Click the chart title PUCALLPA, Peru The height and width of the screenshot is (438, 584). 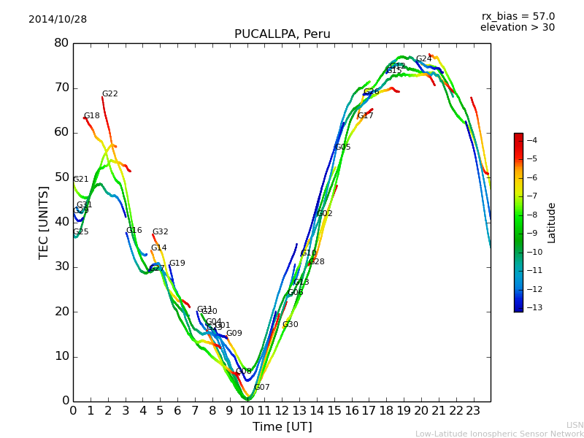tap(282, 34)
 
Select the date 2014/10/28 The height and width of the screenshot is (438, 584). tap(58, 20)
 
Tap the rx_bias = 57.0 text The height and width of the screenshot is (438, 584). tap(518, 16)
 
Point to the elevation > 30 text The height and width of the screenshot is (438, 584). tap(517, 28)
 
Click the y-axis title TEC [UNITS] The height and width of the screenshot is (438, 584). tap(44, 222)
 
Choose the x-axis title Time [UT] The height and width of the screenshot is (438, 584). tap(282, 426)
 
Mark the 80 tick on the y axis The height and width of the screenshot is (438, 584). tap(61, 43)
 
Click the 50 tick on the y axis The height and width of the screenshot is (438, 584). tap(61, 177)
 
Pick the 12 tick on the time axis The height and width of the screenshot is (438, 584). tap(282, 410)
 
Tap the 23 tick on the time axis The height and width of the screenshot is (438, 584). tap(473, 410)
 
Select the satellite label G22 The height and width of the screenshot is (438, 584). tap(109, 94)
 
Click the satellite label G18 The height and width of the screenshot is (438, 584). tap(91, 116)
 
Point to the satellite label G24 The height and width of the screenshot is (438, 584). tap(423, 59)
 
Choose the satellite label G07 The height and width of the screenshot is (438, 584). tap(261, 388)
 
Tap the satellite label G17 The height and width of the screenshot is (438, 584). tap(365, 116)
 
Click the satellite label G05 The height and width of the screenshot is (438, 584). tap(342, 147)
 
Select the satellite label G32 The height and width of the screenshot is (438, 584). tap(160, 232)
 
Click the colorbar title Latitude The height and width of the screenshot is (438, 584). tap(551, 223)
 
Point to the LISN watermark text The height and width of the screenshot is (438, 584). tap(575, 425)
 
